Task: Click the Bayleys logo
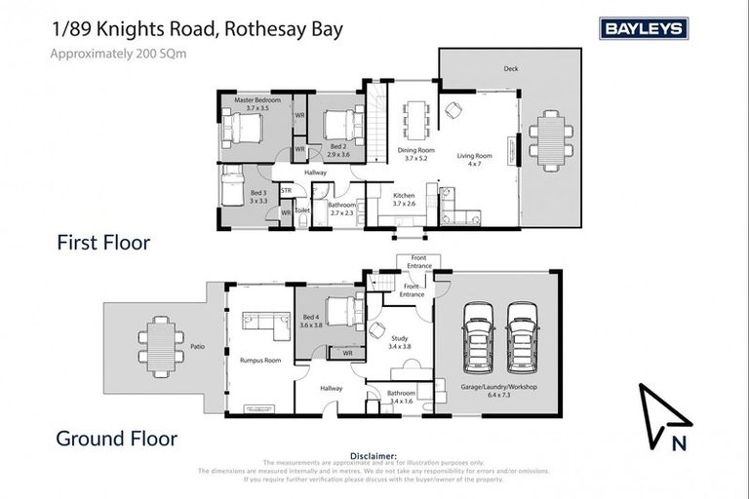(644, 29)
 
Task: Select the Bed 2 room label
(337, 151)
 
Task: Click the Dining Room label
(415, 153)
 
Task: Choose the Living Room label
(475, 159)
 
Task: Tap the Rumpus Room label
(259, 361)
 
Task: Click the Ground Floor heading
(117, 440)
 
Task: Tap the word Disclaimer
(374, 455)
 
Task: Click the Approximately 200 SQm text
(118, 54)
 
